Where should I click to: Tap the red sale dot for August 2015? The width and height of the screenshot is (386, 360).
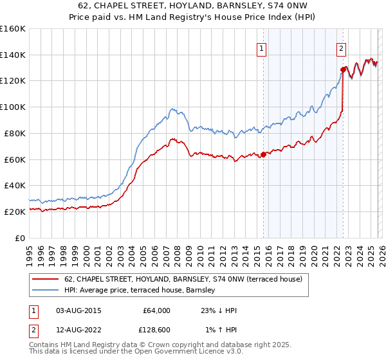coord(263,154)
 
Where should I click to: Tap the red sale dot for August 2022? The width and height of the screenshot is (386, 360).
coord(343,69)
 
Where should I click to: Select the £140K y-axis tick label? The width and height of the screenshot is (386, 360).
coord(14,55)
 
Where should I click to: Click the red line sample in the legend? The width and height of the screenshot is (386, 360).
coord(46,279)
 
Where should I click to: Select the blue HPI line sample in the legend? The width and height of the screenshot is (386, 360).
coord(46,291)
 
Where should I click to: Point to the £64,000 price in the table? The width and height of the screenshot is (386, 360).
coord(156,310)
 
